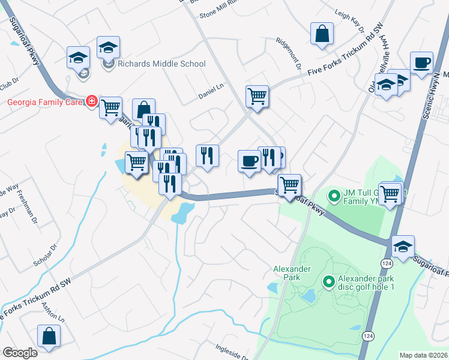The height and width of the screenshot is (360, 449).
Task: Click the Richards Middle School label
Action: coord(161,64)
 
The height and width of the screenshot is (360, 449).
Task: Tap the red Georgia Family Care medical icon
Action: coord(91,101)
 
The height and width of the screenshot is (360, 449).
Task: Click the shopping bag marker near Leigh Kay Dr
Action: coord(322,35)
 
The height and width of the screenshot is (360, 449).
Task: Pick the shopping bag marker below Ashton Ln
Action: coord(49,337)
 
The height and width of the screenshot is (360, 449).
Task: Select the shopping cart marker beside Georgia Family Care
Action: coord(110,109)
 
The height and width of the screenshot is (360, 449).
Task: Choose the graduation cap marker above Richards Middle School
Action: coord(108,47)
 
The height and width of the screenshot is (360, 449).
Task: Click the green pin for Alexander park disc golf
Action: coord(328,281)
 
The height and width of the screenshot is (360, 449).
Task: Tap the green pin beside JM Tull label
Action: coord(334,195)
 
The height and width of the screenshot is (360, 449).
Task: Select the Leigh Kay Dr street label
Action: coord(350,23)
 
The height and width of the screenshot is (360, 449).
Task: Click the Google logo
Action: coord(20,353)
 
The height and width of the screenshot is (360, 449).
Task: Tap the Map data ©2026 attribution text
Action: coord(423,355)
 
